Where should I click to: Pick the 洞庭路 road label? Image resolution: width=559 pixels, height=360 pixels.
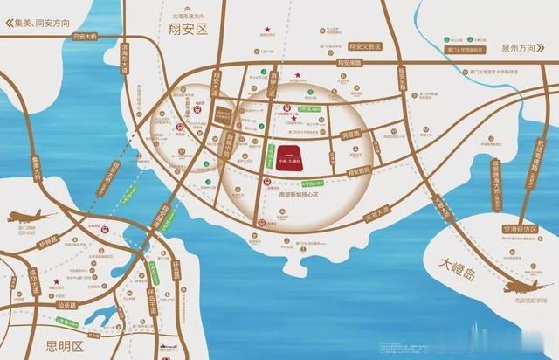point(351,135)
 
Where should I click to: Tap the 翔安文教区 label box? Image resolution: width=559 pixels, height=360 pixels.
point(365,45)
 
